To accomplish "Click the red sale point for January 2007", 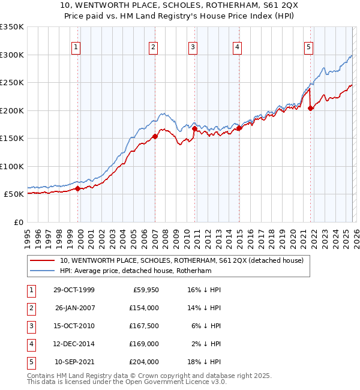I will click(155, 136).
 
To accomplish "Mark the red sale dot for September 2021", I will click(311, 109).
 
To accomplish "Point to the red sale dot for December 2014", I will click(239, 128).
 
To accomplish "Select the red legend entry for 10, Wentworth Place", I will click(182, 260).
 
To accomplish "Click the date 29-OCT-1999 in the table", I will click(74, 290).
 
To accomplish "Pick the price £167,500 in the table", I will click(143, 326).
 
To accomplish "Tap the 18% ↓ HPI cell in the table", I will click(205, 362).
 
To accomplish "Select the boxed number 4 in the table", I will click(30, 344).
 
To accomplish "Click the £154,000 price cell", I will click(143, 308).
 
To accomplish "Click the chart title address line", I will click(180, 6).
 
